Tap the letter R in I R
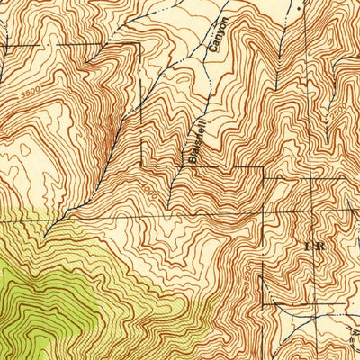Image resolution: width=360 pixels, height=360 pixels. (321, 244)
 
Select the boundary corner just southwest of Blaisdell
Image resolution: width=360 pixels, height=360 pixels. (141, 166)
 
